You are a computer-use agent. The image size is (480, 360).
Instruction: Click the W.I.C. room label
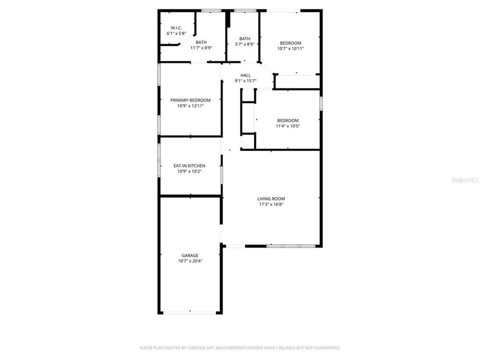tap(176, 27)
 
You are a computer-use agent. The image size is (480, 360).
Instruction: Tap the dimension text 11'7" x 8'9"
tap(201, 48)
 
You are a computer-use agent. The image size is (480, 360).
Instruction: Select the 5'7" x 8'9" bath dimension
tap(244, 44)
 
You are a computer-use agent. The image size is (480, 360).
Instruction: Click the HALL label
tap(245, 75)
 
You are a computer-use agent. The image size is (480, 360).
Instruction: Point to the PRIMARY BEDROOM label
tap(190, 100)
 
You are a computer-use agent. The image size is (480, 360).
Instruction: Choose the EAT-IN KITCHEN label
tap(189, 165)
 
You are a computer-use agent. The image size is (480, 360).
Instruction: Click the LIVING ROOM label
tap(271, 198)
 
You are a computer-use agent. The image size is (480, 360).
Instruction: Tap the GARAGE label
tap(190, 255)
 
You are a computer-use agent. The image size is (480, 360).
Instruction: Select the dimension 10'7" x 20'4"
tap(190, 260)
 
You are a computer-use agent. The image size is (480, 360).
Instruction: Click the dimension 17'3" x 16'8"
tap(271, 204)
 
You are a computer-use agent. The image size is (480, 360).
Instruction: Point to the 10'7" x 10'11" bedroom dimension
tap(290, 48)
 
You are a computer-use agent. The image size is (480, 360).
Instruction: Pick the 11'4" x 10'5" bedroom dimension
tap(287, 126)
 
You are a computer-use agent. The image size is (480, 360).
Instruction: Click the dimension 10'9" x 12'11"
tap(190, 106)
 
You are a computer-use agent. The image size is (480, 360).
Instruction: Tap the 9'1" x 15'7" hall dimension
tap(245, 81)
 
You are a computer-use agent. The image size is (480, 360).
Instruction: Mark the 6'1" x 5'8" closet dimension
tap(176, 33)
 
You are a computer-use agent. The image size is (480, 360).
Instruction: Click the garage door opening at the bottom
tap(190, 313)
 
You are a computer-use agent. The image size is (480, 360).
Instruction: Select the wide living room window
tap(290, 246)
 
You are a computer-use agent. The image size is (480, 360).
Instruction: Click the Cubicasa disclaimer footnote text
tap(240, 347)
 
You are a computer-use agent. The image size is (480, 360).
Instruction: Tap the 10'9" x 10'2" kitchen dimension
tap(189, 171)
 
